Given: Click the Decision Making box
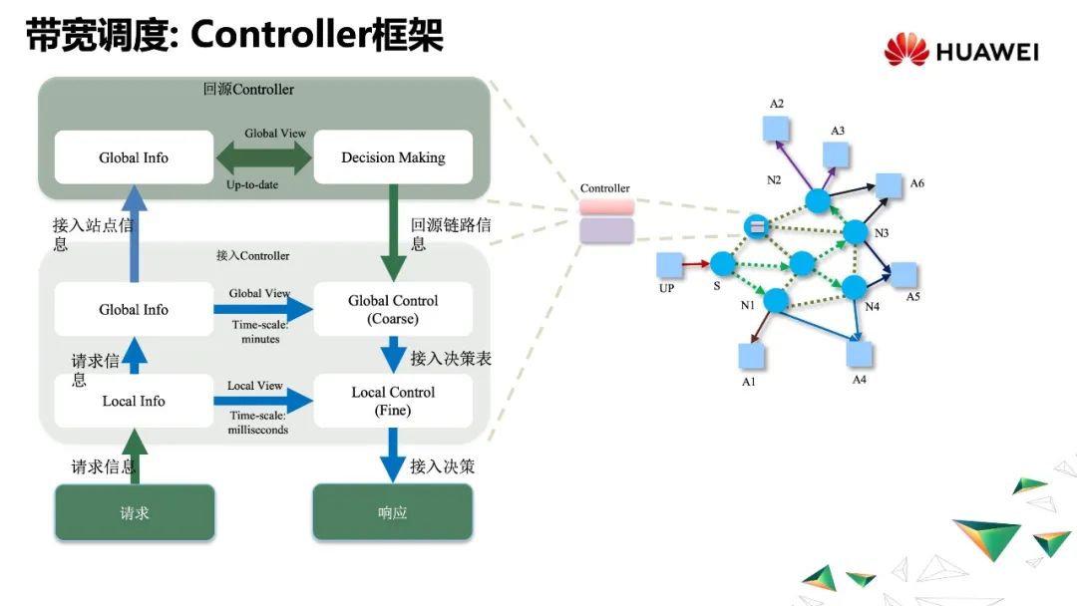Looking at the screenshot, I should click(x=393, y=157).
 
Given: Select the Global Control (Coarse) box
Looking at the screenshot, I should click(x=393, y=309).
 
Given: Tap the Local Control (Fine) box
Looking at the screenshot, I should click(x=393, y=401).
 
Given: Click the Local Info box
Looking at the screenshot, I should click(x=134, y=401).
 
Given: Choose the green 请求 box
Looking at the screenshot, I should click(x=135, y=512).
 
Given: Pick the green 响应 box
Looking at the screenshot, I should click(x=393, y=512).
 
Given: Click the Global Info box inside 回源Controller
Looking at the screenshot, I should click(x=134, y=157).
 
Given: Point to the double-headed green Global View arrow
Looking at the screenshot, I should click(x=263, y=157).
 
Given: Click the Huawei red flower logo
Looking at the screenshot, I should click(x=905, y=50).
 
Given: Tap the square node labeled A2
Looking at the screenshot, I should click(x=776, y=129).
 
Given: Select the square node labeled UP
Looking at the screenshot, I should click(x=669, y=264).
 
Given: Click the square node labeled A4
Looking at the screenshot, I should click(x=860, y=355).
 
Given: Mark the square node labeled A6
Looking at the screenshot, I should click(x=889, y=185).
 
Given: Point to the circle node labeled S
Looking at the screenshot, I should click(x=723, y=264).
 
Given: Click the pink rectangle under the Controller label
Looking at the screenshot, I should click(x=606, y=206).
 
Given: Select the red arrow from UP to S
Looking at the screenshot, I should click(x=696, y=264).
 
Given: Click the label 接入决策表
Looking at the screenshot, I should click(x=451, y=358).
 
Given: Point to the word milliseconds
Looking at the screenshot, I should click(x=259, y=430).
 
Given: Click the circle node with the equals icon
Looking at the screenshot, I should click(x=757, y=226).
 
